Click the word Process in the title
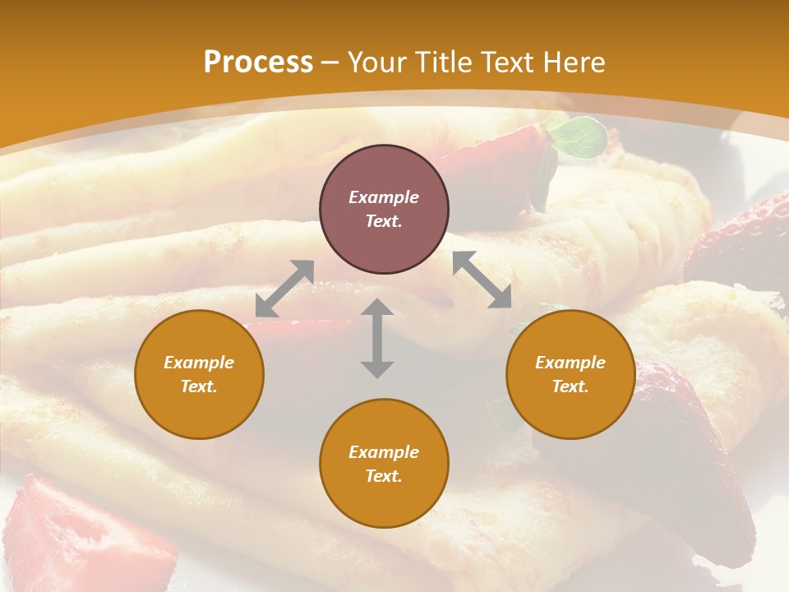tap(258, 62)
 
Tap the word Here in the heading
tap(575, 62)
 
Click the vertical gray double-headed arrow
tap(377, 338)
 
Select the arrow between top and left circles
tap(284, 289)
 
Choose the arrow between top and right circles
tap(482, 280)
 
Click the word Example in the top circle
tap(384, 197)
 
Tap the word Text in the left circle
tap(199, 386)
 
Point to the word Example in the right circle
tap(570, 363)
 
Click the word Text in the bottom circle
tap(384, 476)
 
